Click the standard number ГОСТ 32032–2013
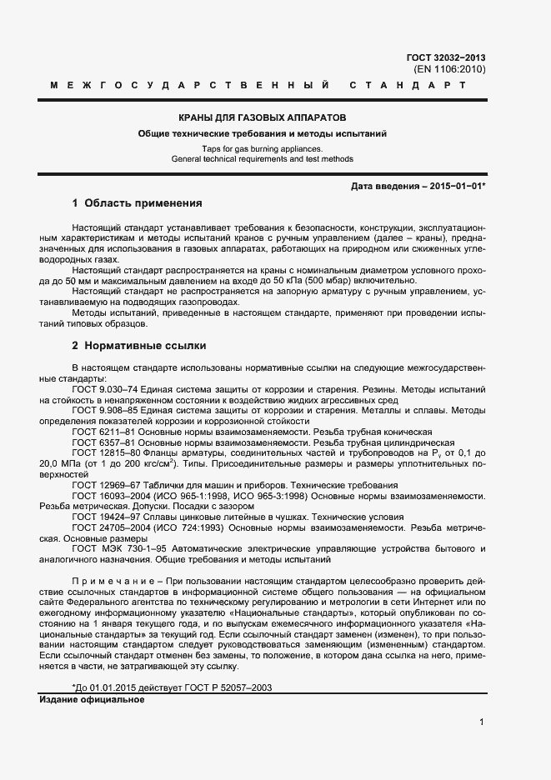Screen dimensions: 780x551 (x=445, y=57)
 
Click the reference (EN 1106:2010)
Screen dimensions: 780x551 (x=449, y=69)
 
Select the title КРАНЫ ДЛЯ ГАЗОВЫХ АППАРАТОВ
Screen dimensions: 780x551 (x=263, y=117)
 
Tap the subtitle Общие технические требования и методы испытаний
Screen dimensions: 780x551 (x=263, y=133)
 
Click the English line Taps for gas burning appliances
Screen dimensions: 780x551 (x=263, y=148)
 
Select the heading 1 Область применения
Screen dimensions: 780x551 (x=137, y=202)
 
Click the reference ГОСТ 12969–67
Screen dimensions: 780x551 (x=103, y=485)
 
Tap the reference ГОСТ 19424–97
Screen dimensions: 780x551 (x=103, y=517)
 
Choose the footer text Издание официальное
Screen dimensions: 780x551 (x=92, y=699)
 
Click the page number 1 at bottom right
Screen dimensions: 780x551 (x=482, y=722)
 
